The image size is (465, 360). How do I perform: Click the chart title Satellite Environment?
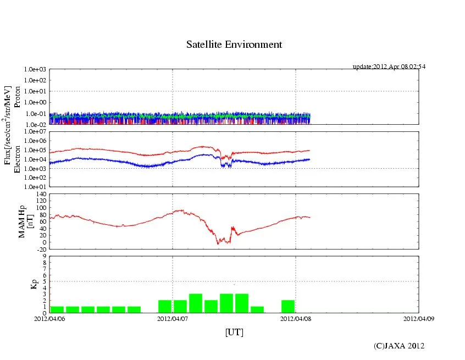coord(234,45)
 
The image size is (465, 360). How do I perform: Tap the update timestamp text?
coord(389,67)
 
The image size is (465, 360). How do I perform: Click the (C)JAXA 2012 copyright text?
coord(398,346)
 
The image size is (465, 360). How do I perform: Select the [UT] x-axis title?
coord(234,333)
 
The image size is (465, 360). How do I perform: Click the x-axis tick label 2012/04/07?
coord(173,318)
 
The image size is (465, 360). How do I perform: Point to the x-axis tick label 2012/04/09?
coord(419,318)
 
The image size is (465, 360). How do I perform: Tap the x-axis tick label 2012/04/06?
coord(49,318)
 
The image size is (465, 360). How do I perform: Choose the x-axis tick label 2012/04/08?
coord(296,318)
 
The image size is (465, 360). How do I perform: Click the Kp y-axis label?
coord(23,284)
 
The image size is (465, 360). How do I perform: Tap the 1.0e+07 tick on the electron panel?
coord(35,132)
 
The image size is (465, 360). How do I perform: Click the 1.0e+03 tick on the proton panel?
coord(35,70)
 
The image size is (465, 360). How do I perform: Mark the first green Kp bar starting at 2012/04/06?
coord(57,309)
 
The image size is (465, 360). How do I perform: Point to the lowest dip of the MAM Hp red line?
coord(218,243)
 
